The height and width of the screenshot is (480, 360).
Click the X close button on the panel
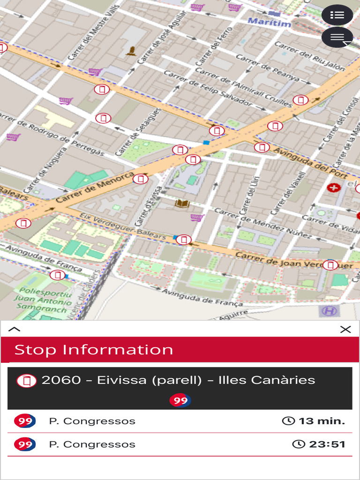[345, 330]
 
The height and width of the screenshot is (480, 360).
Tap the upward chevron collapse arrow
[15, 329]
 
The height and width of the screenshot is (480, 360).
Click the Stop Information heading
[94, 350]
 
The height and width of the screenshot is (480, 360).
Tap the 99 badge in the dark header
[180, 400]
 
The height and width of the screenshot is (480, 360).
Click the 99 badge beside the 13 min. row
[25, 421]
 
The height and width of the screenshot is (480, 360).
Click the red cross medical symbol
[333, 187]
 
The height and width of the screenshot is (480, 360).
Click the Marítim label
[269, 22]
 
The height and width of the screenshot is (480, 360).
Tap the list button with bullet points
[337, 15]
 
